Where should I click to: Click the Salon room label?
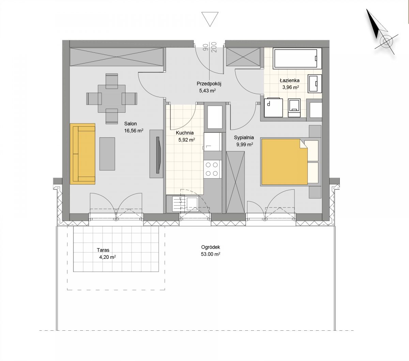131,124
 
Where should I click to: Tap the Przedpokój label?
209,83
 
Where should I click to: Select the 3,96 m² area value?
290,88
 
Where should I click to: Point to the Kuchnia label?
185,133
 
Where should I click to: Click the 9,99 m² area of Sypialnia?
244,144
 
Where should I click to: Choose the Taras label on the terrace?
103,250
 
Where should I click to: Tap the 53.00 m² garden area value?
210,254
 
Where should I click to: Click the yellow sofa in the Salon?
82,154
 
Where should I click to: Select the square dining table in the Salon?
112,99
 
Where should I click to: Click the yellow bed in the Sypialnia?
285,162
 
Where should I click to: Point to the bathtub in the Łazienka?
297,58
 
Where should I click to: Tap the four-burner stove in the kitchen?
212,169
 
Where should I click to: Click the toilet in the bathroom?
294,108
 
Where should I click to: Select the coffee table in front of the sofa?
107,154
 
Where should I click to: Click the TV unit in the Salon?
156,154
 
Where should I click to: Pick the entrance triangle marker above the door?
210,19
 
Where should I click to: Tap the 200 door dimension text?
214,47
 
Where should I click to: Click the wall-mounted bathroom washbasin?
315,83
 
